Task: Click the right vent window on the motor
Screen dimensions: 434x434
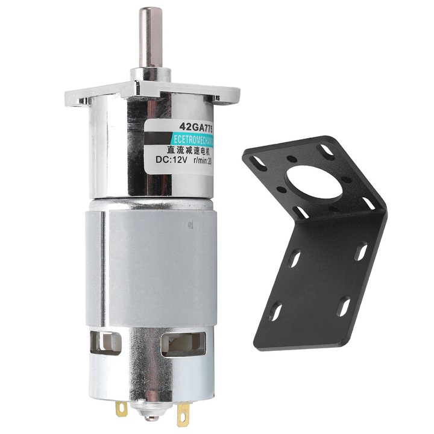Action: point(178,345)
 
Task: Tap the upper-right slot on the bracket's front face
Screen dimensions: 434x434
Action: point(360,251)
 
